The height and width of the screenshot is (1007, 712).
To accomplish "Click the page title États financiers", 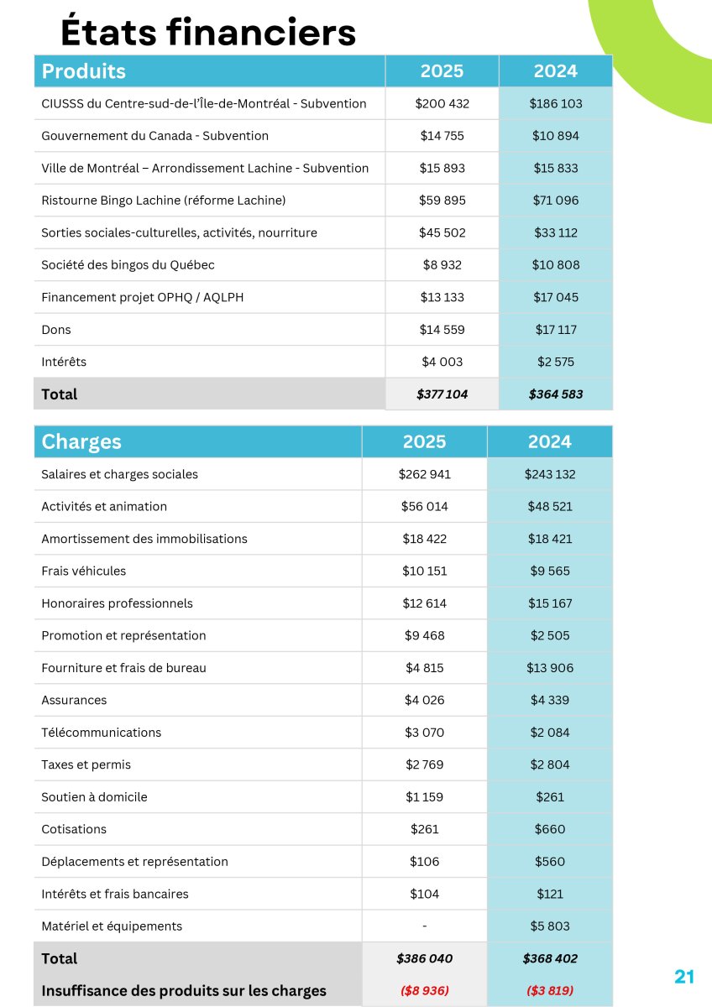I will (208, 32).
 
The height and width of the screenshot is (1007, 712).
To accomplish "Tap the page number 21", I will (684, 977).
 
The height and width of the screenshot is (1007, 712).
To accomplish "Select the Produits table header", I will (84, 71).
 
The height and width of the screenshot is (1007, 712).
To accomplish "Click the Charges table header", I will (81, 442).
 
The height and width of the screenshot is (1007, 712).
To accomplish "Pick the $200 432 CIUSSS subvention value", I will (442, 104).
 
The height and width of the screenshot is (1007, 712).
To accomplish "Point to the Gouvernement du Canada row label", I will (154, 136).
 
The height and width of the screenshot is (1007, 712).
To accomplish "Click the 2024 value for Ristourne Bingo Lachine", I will (555, 201).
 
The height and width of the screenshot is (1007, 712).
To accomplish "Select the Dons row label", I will (56, 330).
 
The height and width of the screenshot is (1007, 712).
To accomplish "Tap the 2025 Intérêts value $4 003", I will (442, 363).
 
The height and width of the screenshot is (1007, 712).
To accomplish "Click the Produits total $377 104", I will (442, 394).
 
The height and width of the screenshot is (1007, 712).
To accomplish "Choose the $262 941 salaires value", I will (424, 474).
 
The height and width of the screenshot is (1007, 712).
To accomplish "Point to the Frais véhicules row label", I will (84, 571).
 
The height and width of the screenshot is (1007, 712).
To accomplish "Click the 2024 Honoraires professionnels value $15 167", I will (550, 603).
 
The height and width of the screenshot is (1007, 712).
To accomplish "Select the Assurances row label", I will (74, 701).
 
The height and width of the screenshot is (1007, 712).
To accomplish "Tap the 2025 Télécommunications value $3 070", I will (424, 733).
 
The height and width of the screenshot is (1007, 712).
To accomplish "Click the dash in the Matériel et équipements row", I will (424, 926).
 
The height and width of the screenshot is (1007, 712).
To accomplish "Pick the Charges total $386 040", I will (424, 958).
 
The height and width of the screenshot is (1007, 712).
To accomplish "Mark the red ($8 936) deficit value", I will (424, 990).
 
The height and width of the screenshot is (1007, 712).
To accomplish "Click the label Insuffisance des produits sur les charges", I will (184, 991).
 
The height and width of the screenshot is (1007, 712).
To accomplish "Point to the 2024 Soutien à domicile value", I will (550, 797).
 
